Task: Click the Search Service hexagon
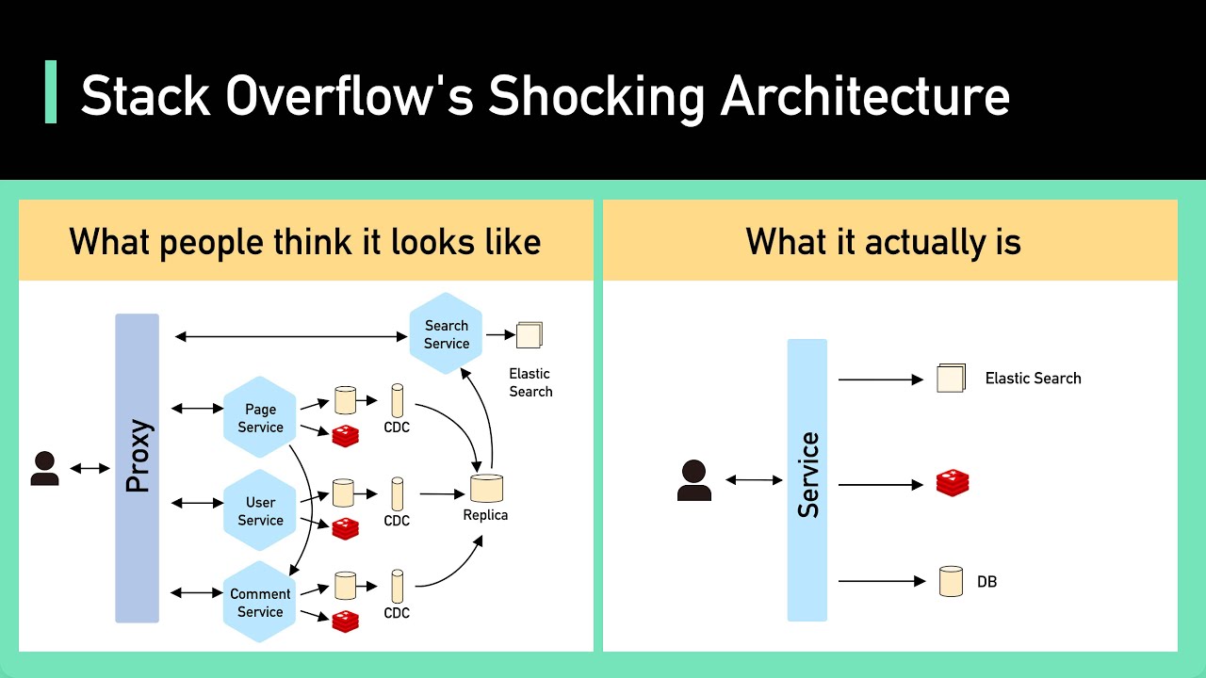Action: click(x=446, y=334)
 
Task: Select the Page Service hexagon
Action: click(x=260, y=418)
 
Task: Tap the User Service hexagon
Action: click(x=260, y=511)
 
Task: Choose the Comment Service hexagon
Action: click(x=260, y=603)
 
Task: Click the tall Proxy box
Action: click(x=138, y=468)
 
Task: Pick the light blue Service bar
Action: click(x=807, y=479)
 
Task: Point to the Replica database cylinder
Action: click(x=486, y=488)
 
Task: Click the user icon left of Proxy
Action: click(x=44, y=468)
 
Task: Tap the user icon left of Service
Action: click(x=694, y=479)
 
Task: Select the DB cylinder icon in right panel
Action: click(x=952, y=581)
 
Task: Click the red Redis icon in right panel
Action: click(x=953, y=484)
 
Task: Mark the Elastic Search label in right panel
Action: click(x=1033, y=379)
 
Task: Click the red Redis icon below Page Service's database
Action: click(x=345, y=435)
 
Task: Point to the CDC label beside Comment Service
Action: click(x=397, y=613)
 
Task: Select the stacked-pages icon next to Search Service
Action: click(x=530, y=335)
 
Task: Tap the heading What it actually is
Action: click(x=883, y=242)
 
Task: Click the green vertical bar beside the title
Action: click(x=51, y=91)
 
